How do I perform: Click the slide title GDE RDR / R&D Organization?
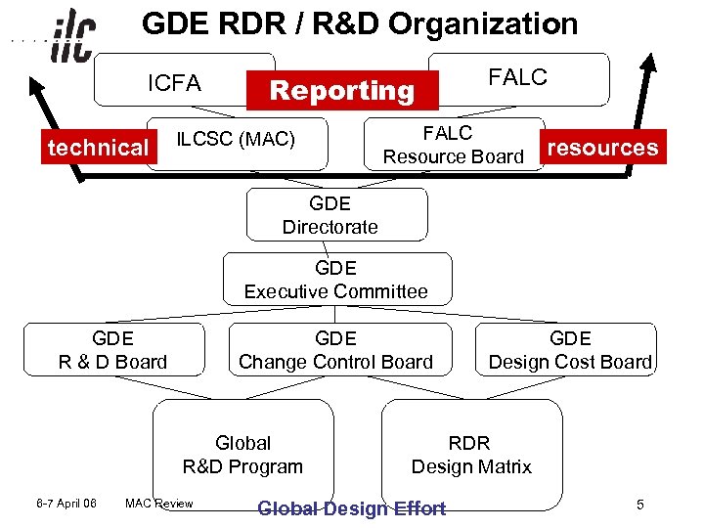click(360, 23)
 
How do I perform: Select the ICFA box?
click(173, 83)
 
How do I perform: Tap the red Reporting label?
click(342, 91)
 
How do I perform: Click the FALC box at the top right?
click(518, 78)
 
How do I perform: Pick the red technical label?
click(98, 148)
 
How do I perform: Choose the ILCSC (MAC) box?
click(236, 139)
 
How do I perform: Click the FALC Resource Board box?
click(453, 145)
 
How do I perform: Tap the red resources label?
click(603, 148)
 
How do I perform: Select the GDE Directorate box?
click(330, 215)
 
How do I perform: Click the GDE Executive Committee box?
click(335, 280)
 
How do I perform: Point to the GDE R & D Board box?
click(112, 350)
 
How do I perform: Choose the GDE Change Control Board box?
click(335, 350)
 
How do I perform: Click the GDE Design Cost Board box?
click(570, 350)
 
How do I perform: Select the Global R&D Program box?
click(242, 455)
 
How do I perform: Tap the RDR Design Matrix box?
click(471, 455)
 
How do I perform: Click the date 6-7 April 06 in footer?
click(64, 504)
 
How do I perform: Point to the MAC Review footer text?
click(159, 504)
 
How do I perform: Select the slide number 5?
click(639, 505)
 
